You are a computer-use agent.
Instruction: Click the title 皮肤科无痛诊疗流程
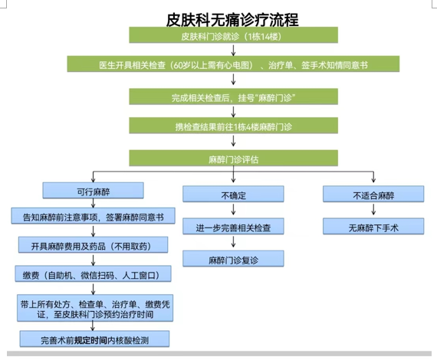pos(232,20)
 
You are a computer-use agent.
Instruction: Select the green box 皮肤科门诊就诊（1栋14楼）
pos(233,35)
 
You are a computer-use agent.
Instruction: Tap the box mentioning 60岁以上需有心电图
pos(233,64)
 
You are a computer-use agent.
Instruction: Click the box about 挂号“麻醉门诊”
pos(233,97)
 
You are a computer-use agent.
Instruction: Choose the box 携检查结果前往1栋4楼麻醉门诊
pos(233,126)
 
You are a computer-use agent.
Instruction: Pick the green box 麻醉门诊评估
pos(233,158)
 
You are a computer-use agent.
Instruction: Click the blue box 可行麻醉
pos(93,191)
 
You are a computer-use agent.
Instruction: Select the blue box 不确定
pos(233,194)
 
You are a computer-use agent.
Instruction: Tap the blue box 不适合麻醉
pos(373,194)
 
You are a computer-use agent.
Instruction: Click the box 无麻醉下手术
pos(373,227)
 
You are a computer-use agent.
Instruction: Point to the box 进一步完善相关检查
pos(233,227)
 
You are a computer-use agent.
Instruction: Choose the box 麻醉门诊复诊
pos(233,259)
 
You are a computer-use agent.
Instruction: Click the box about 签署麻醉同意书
pos(93,216)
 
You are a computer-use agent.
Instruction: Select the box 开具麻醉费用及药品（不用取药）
pos(93,245)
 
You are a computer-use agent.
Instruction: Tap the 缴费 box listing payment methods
pos(93,274)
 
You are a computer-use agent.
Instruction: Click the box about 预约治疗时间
pos(95,308)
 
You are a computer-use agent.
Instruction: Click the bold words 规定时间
pos(90,340)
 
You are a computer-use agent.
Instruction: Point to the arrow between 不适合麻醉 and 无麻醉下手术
pos(373,209)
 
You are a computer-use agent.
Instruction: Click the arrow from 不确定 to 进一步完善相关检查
pos(233,209)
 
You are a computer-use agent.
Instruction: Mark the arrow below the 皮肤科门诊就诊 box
pos(233,50)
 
